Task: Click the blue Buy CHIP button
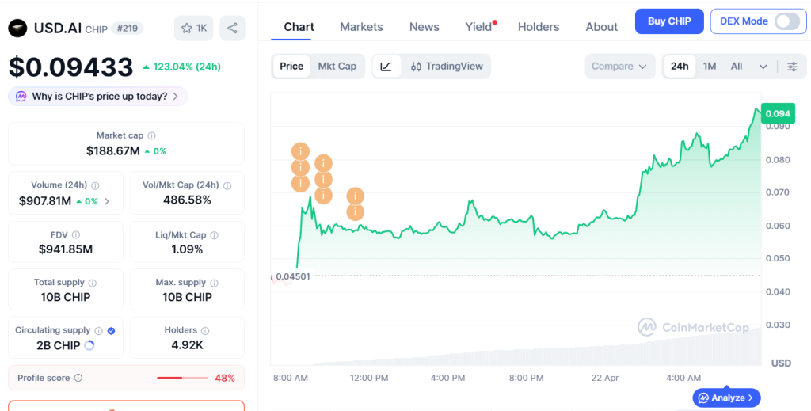(669, 21)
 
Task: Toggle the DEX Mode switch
(787, 21)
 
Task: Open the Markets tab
(361, 27)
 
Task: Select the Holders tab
(539, 27)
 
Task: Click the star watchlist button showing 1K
(194, 28)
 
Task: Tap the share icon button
(232, 28)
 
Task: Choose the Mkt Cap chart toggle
(337, 67)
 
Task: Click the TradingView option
(447, 67)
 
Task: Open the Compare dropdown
(619, 67)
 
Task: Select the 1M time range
(710, 67)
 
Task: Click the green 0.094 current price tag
(778, 113)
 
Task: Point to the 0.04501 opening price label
(293, 276)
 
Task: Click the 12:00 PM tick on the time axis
(369, 378)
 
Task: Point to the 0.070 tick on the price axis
(778, 192)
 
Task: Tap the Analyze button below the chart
(727, 398)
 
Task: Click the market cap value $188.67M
(112, 151)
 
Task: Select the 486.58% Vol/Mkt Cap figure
(187, 200)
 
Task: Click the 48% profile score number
(224, 378)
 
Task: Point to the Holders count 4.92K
(187, 344)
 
